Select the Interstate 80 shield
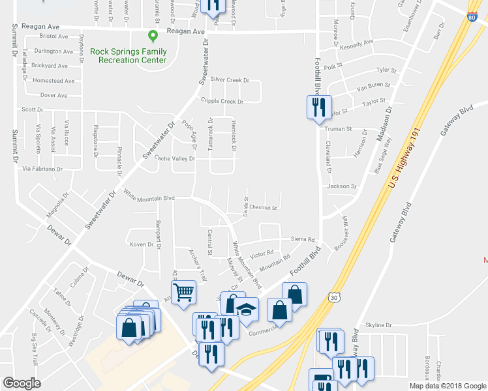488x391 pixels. pyautogui.click(x=472, y=16)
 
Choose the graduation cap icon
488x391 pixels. pyautogui.click(x=247, y=310)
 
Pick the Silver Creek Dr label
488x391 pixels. pyautogui.click(x=230, y=80)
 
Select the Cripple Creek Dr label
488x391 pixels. pyautogui.click(x=222, y=102)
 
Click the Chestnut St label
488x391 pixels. pyautogui.click(x=263, y=209)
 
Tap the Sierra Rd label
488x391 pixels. pyautogui.click(x=303, y=239)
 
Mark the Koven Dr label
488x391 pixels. pyautogui.click(x=142, y=244)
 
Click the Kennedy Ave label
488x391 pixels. pyautogui.click(x=356, y=45)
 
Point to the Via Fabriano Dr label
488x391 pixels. pyautogui.click(x=42, y=169)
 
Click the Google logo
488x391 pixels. pyautogui.click(x=22, y=383)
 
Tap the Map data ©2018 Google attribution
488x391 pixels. pyautogui.click(x=447, y=386)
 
